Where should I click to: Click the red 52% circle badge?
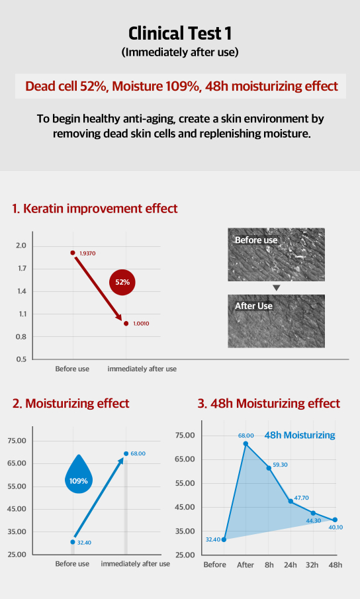122,283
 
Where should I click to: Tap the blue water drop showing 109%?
79,475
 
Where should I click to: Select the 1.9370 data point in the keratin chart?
73,253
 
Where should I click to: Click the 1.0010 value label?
141,324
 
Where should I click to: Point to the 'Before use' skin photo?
277,255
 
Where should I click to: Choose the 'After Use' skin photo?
277,321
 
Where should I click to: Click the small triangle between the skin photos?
277,288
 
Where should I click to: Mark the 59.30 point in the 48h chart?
269,468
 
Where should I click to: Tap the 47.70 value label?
301,498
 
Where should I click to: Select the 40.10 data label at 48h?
336,527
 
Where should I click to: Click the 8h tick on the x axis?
269,565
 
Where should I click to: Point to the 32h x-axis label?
312,565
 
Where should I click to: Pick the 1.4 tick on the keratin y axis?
21,291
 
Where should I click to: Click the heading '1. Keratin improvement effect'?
95,208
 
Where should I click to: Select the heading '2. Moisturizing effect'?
71,403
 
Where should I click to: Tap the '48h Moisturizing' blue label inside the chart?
300,435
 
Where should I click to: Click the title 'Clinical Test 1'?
180,34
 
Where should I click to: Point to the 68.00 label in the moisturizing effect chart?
138,453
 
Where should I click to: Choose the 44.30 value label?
314,521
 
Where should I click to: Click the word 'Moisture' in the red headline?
138,86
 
